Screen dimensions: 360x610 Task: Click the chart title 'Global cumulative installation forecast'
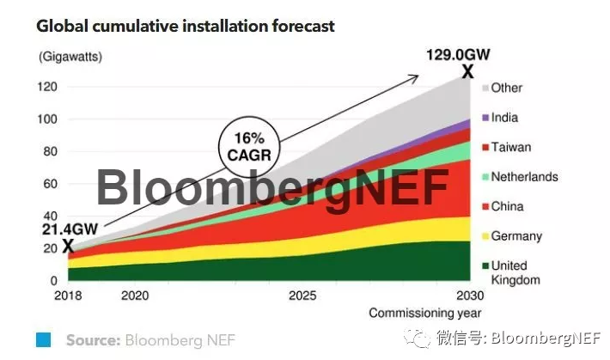tap(185, 26)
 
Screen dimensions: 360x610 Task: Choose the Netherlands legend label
tap(524, 177)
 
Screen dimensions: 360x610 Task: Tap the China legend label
tap(507, 206)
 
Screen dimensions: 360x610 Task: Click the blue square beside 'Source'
tap(44, 340)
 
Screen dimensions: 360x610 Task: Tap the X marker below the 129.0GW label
tap(468, 73)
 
